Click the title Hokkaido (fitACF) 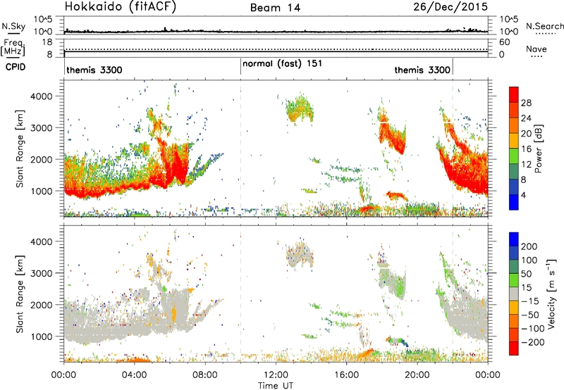[121, 6]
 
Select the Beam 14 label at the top [275, 8]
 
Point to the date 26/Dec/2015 [450, 6]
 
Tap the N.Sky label [13, 26]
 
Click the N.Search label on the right [544, 26]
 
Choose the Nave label [537, 49]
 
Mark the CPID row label [16, 67]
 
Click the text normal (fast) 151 [282, 64]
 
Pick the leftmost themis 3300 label [94, 70]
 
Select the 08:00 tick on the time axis [205, 375]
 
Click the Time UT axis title [276, 386]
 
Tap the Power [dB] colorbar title [539, 148]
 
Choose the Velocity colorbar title [551, 294]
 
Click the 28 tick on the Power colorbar [526, 103]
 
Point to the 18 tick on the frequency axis [47, 42]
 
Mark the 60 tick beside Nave [505, 42]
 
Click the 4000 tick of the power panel [42, 96]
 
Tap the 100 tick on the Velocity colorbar [529, 260]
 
